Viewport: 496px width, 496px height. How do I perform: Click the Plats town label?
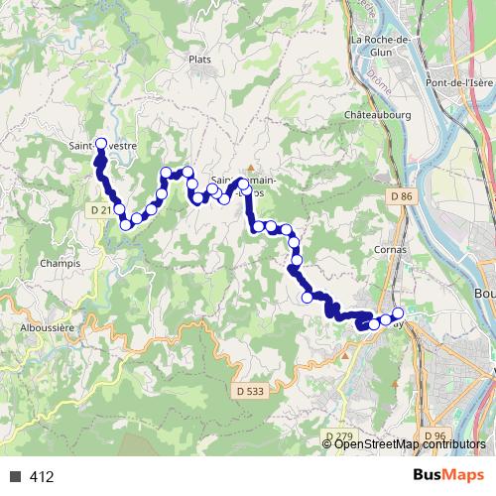click(199, 60)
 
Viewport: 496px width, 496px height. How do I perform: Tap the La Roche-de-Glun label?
click(380, 40)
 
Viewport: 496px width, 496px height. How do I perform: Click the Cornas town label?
click(393, 249)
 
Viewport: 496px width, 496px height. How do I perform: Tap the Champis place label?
click(61, 263)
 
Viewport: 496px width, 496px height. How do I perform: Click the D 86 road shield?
click(400, 197)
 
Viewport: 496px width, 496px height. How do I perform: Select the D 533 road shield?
click(250, 391)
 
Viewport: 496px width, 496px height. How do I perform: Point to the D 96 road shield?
click(434, 434)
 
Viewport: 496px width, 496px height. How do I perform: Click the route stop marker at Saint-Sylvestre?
click(100, 144)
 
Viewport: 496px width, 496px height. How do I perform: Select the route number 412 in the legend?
click(42, 477)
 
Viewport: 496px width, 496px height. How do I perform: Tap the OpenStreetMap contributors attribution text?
click(410, 444)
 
